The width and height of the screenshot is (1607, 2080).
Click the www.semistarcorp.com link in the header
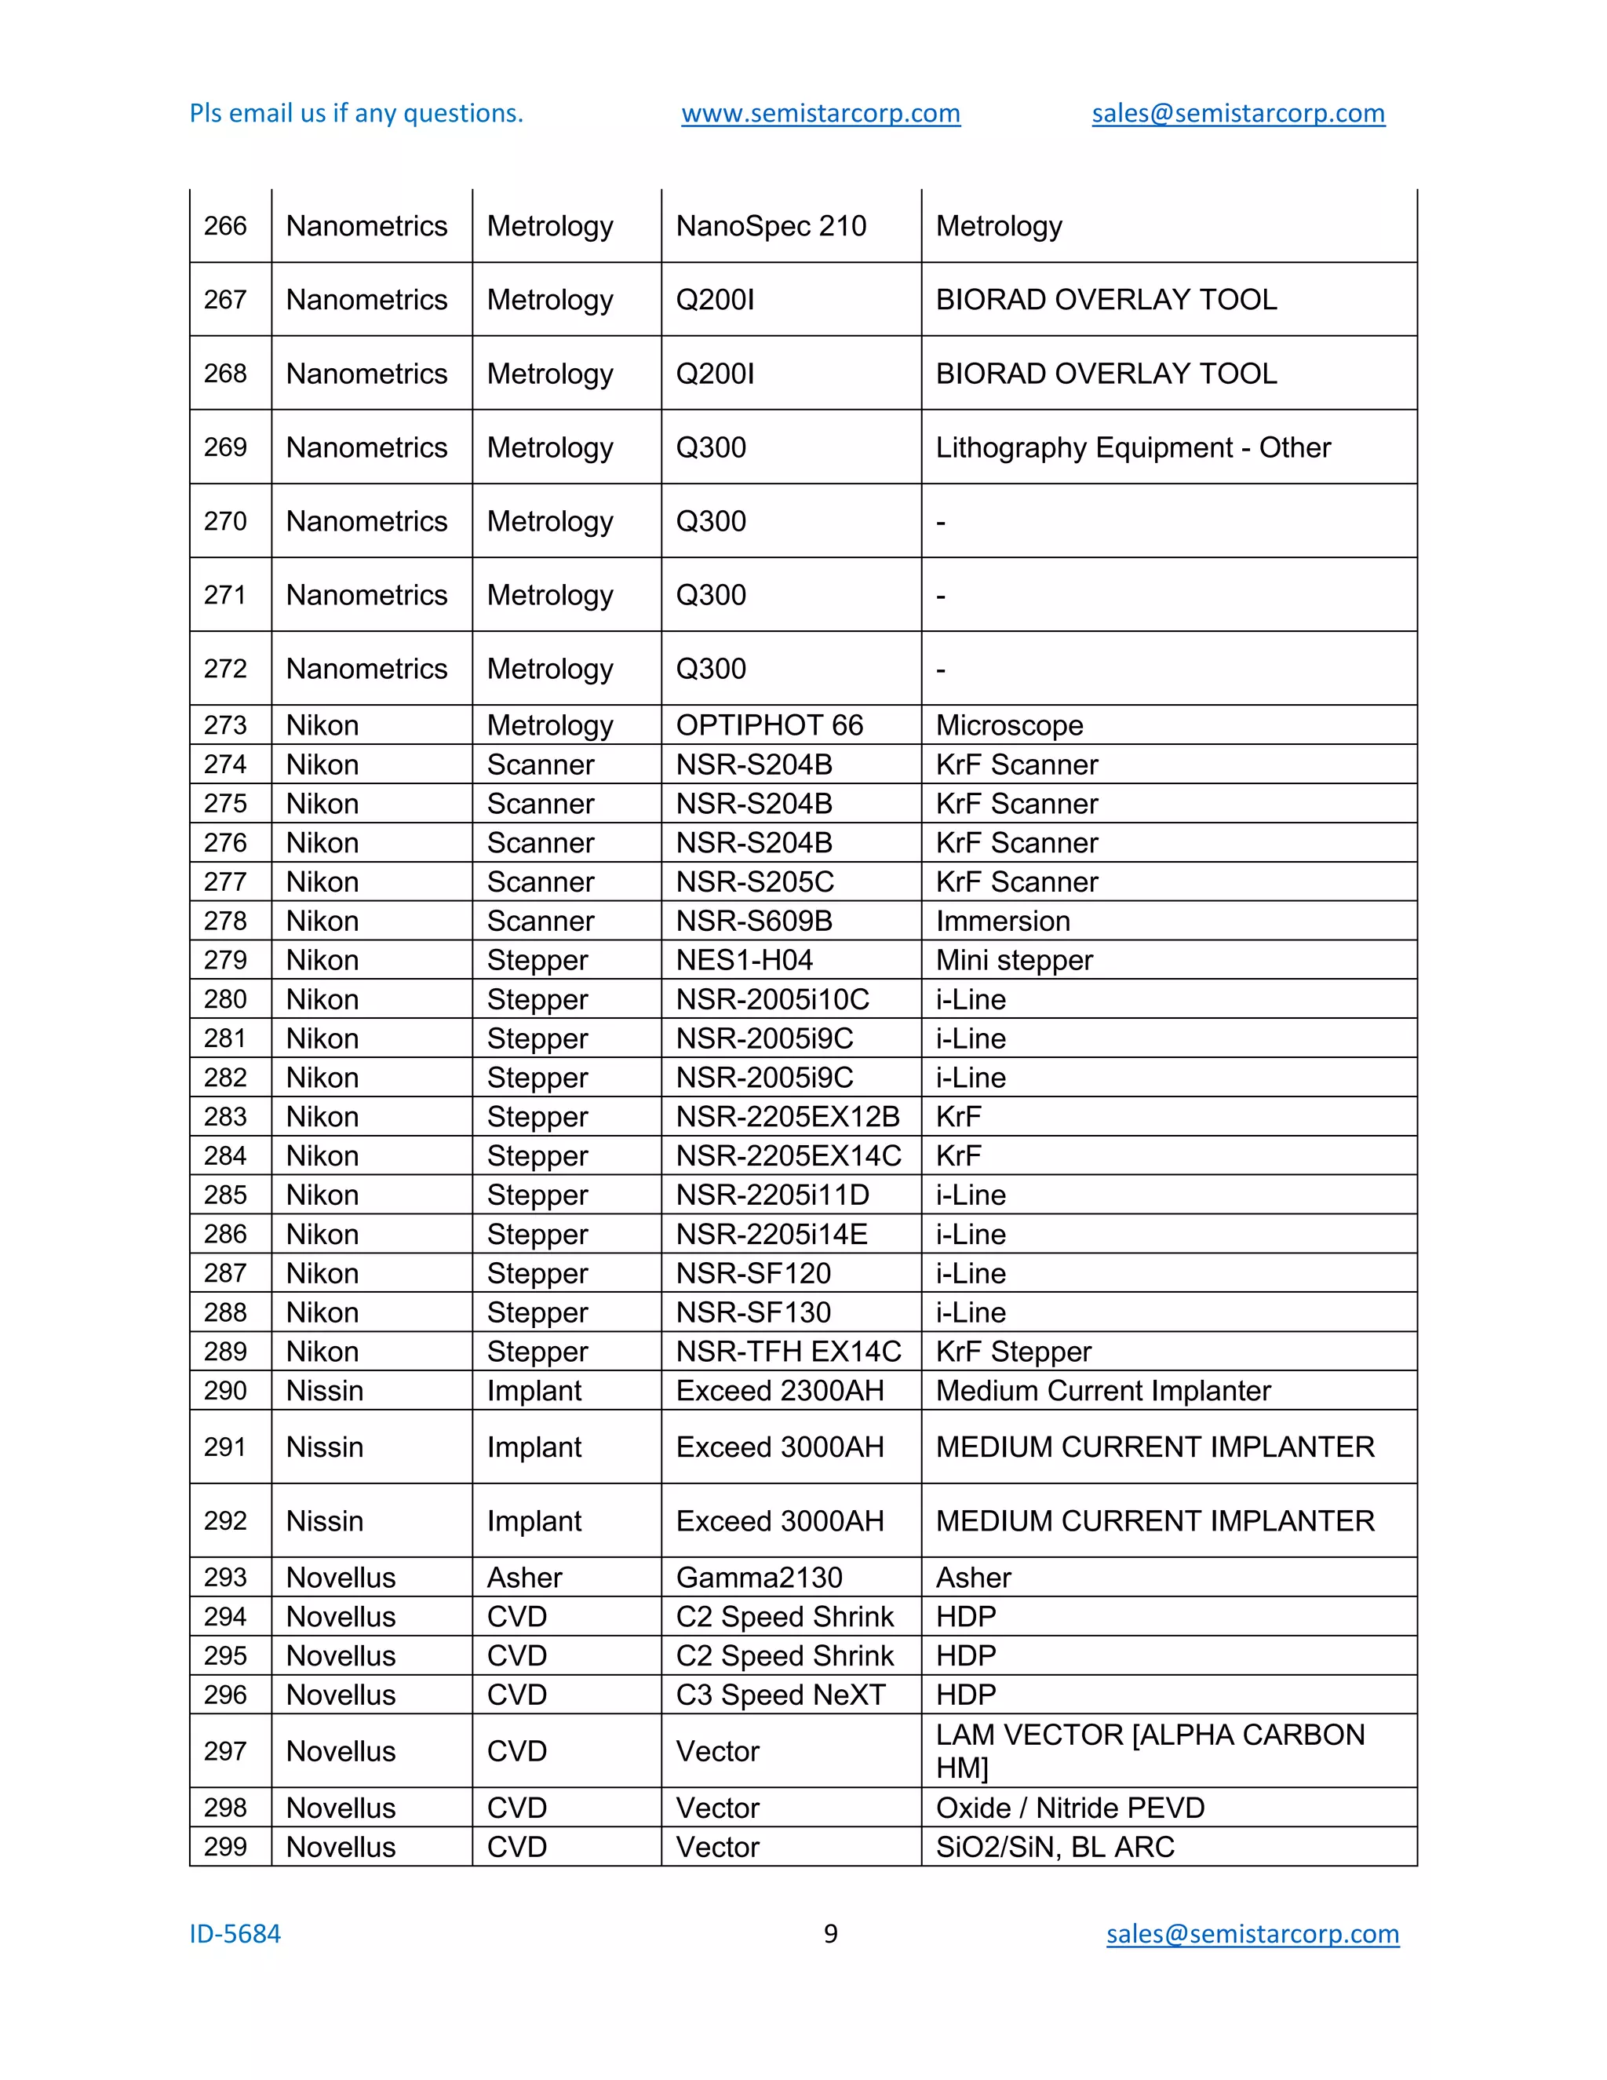click(821, 113)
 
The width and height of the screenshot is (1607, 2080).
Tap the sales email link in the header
click(1237, 113)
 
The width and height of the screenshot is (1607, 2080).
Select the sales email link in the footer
click(1252, 1933)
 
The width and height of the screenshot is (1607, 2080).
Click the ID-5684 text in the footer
click(235, 1933)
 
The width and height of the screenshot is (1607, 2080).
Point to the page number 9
click(830, 1933)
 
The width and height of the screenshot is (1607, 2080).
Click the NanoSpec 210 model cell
click(771, 226)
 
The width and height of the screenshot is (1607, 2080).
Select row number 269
click(226, 447)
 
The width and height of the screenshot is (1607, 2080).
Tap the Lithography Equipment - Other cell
click(1133, 447)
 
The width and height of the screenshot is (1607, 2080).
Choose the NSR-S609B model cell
click(754, 921)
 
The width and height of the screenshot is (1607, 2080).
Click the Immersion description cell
click(1003, 921)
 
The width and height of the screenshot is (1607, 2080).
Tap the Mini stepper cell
click(1014, 960)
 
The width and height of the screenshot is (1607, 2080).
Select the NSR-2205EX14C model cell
click(789, 1155)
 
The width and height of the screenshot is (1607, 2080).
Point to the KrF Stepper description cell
click(1013, 1352)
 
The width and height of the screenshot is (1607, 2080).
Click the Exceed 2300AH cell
click(780, 1391)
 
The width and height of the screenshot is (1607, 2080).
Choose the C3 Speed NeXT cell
click(781, 1695)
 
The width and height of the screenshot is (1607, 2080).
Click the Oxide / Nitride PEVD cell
click(1070, 1808)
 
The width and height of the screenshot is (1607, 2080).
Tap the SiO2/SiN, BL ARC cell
click(1055, 1847)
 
